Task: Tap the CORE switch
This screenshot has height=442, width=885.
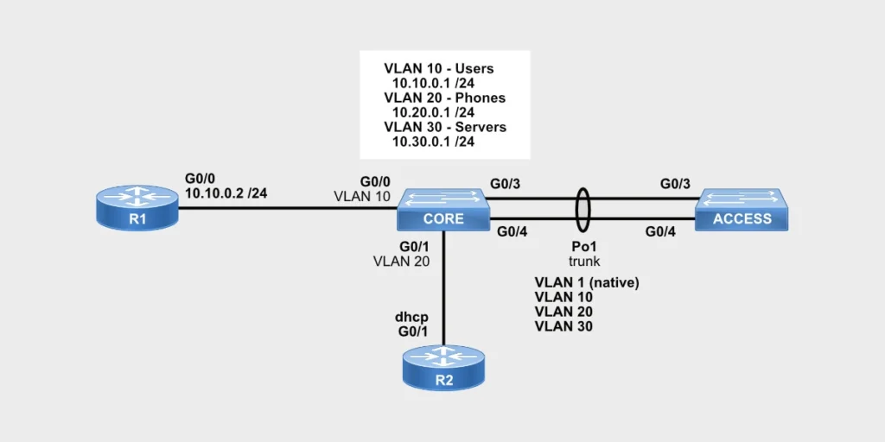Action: tap(443, 210)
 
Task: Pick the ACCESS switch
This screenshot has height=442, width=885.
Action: tap(742, 210)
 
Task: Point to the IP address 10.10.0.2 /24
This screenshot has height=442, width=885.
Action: tap(226, 193)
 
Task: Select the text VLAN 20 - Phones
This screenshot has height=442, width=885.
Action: tap(444, 98)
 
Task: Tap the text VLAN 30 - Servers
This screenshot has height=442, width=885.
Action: tap(445, 127)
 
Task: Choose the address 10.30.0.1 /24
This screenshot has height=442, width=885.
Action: tap(433, 142)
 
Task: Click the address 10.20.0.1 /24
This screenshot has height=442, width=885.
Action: tap(433, 112)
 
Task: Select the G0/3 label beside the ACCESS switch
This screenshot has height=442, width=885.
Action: tap(675, 184)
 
